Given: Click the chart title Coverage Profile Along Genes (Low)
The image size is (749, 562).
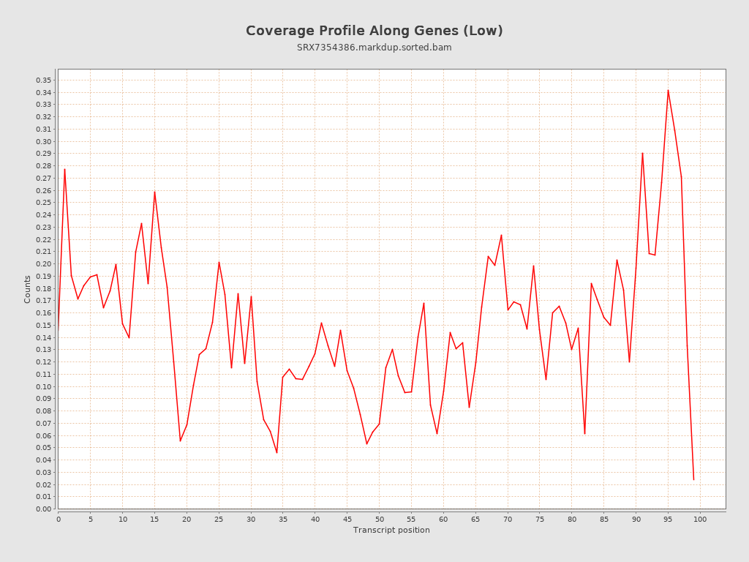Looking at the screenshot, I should tap(374, 31).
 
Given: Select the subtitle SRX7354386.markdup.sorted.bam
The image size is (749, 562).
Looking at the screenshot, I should tap(374, 48).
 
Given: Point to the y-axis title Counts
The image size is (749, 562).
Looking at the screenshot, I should tap(28, 289).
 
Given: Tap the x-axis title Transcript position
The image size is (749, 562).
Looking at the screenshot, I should tap(391, 530).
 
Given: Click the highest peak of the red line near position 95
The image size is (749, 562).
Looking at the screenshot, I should tap(668, 90).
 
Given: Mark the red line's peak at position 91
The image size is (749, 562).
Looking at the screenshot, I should tap(642, 153).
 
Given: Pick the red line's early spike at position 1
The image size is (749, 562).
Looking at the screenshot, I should tap(64, 169).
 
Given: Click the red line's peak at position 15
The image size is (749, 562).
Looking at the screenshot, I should tap(154, 192).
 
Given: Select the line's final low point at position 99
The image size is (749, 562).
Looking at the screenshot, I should tap(693, 479).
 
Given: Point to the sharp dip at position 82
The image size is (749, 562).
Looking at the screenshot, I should tap(584, 434).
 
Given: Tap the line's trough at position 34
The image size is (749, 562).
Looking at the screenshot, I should tap(276, 452).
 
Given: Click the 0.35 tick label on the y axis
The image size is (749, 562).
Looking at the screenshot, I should tap(43, 80).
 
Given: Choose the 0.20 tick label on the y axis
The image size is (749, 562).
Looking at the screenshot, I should tap(43, 263).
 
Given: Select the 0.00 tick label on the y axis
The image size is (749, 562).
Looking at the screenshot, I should tap(43, 509).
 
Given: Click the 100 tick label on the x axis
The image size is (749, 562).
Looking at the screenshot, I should tap(700, 520).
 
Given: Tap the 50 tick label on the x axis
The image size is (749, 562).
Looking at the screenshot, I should tap(379, 520).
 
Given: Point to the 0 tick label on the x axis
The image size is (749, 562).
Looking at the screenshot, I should tap(59, 520).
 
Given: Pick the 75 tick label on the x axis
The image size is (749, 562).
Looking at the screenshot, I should tap(540, 520).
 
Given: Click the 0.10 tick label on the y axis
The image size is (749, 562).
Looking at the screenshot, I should tap(43, 386).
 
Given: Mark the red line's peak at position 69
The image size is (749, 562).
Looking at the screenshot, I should tap(501, 235).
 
